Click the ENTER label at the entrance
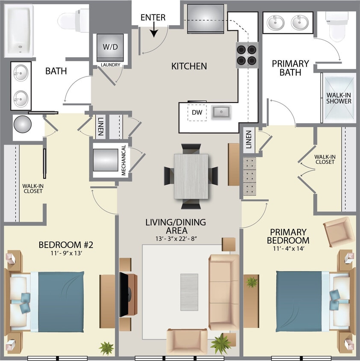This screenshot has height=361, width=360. (153, 18)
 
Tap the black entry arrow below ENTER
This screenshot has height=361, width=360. (153, 31)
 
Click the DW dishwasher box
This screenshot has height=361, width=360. (197, 112)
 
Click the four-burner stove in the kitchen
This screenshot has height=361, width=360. (247, 55)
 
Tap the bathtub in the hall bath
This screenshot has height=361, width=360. (19, 31)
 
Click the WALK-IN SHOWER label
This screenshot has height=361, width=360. (339, 98)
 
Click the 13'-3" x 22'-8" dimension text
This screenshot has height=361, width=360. (176, 238)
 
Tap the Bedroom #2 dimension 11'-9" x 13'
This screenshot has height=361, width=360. (66, 253)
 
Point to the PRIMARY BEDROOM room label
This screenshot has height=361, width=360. (289, 236)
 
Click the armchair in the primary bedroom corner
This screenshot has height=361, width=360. (339, 231)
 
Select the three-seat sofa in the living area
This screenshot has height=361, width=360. (224, 291)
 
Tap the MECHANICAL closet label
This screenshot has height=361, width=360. (123, 160)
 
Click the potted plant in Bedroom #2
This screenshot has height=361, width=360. (106, 347)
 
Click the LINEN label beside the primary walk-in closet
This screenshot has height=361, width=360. (249, 139)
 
